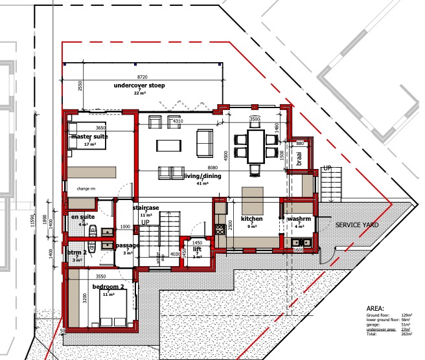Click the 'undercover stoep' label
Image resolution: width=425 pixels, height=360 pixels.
(139, 85)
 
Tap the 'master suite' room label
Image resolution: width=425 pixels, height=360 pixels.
(89, 137)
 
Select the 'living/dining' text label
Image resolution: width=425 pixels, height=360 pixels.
(202, 176)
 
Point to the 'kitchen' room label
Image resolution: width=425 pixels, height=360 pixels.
(251, 219)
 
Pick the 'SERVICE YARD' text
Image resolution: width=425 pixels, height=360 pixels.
(357, 225)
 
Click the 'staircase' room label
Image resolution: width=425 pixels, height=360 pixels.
(146, 208)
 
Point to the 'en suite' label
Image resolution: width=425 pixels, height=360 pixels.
(83, 216)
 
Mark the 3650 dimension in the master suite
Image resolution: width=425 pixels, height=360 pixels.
(100, 128)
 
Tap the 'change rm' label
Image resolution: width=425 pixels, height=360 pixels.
(86, 188)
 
